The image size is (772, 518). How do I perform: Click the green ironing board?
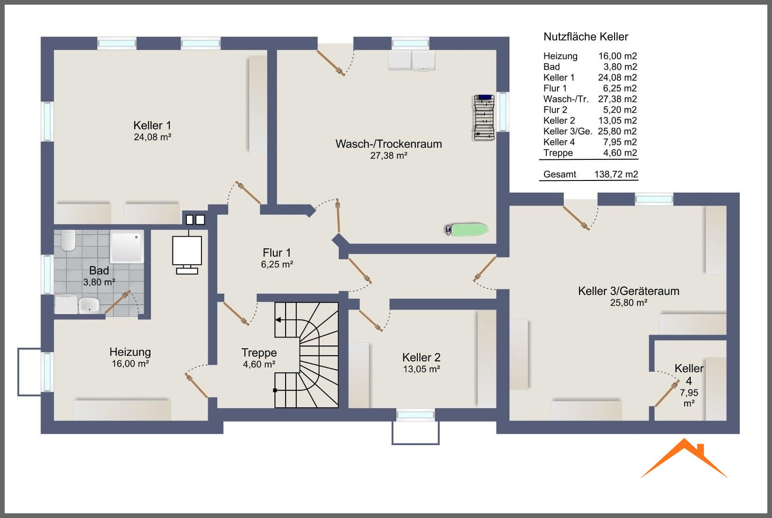pyautogui.click(x=467, y=230)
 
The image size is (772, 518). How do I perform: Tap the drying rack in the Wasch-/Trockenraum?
pyautogui.click(x=484, y=118)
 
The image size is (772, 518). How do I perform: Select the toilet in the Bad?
pyautogui.click(x=68, y=240)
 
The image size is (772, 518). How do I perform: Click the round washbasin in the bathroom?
pyautogui.click(x=89, y=305)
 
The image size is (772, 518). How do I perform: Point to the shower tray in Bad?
pyautogui.click(x=127, y=246)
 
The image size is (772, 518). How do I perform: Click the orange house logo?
pyautogui.click(x=684, y=458)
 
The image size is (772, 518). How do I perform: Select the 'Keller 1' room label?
pyautogui.click(x=152, y=125)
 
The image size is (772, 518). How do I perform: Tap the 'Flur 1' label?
pyautogui.click(x=277, y=252)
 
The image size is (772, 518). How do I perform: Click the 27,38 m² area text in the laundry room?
pyautogui.click(x=389, y=156)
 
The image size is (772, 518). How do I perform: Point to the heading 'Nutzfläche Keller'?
pyautogui.click(x=586, y=36)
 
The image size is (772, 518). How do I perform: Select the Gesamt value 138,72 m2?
pyautogui.click(x=616, y=174)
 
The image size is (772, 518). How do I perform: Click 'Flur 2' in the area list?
pyautogui.click(x=555, y=110)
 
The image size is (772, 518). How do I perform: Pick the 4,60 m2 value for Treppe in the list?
pyautogui.click(x=620, y=153)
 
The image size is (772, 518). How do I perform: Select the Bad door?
pyautogui.click(x=117, y=302)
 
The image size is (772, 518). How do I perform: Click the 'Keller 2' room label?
pyautogui.click(x=421, y=357)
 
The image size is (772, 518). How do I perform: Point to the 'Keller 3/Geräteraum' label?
pyautogui.click(x=629, y=291)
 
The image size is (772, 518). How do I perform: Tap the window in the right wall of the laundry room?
pyautogui.click(x=503, y=112)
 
